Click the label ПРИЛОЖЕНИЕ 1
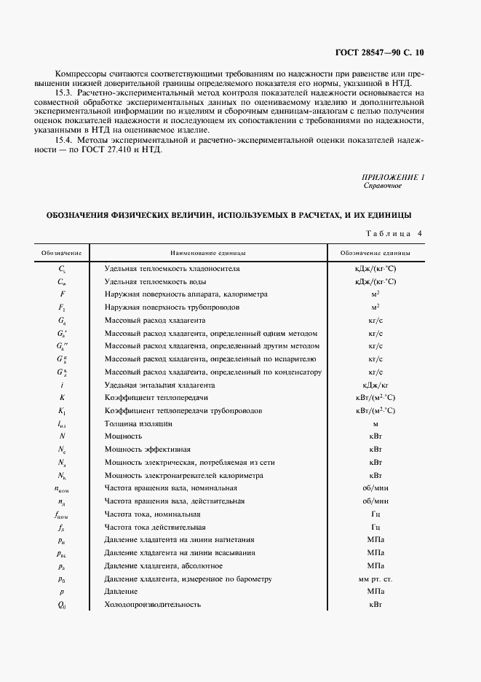393,177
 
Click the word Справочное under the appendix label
383,186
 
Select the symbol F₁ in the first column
62,307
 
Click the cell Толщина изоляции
138,423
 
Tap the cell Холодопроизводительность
152,605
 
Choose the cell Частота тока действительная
155,527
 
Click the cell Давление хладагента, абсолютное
163,566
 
